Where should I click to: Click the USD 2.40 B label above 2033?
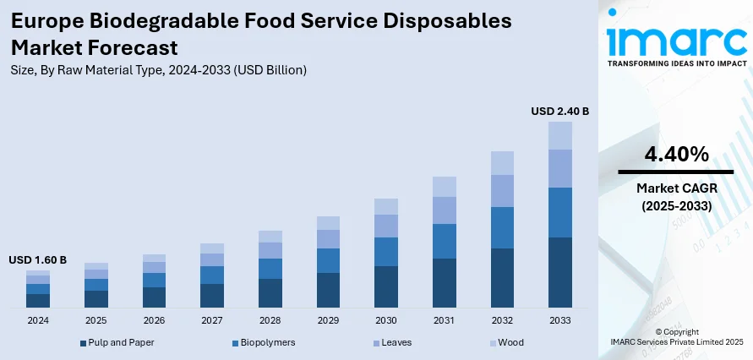[559, 111]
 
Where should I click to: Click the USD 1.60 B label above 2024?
[37, 259]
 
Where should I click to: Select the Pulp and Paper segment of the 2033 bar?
[560, 271]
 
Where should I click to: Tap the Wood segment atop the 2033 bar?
[560, 135]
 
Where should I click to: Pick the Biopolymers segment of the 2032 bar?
[502, 227]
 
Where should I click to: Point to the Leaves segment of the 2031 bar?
[444, 210]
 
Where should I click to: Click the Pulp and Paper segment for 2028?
[270, 292]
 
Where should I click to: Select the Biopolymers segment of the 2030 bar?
[386, 252]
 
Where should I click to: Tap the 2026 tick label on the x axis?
[154, 321]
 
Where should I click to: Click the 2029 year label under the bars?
[328, 321]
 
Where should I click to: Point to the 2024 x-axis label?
[38, 321]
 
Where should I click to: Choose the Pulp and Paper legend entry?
[117, 342]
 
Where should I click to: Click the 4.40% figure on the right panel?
[676, 155]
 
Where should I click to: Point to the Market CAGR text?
[676, 188]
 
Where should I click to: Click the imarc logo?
[676, 42]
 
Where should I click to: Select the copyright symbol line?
[677, 332]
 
